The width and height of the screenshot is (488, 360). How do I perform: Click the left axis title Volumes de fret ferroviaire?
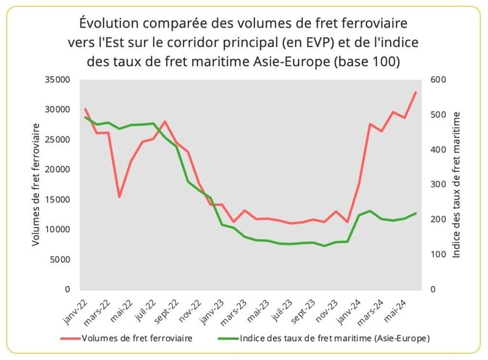click(36, 184)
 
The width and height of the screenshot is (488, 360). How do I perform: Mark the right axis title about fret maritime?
click(457, 184)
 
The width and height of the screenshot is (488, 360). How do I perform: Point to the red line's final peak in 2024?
click(415, 92)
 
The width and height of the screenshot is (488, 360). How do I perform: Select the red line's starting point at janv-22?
click(86, 110)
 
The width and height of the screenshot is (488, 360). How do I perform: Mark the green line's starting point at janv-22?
click(86, 118)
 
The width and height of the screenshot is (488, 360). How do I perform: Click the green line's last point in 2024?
click(415, 213)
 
